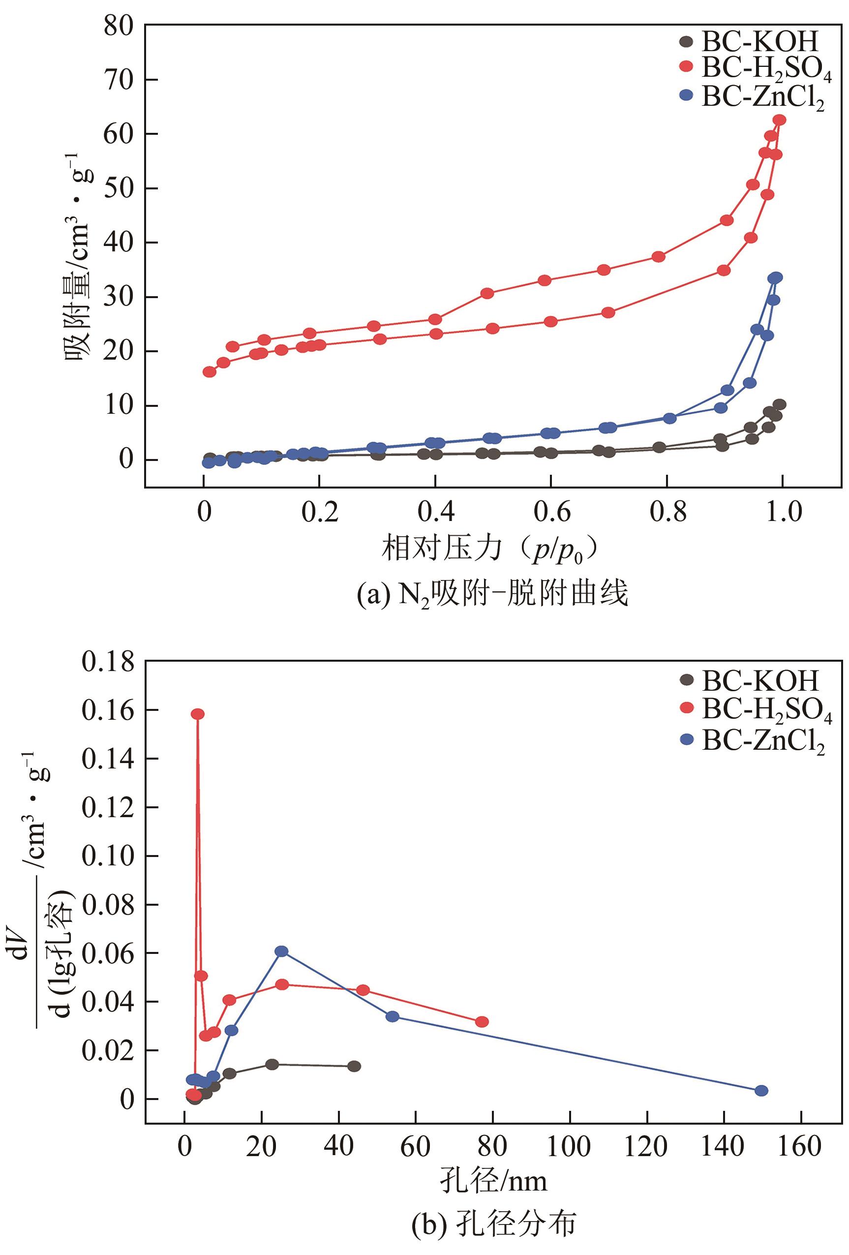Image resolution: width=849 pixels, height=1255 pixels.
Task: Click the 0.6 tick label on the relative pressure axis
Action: coord(551,511)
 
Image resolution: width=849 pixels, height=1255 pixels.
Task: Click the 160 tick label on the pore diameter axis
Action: coord(799,1146)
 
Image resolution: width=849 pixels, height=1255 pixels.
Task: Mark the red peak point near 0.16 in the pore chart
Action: coord(198,714)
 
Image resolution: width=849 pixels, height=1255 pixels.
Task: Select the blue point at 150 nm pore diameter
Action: coord(761,1090)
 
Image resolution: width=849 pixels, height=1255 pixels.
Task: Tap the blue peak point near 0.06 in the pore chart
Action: coord(281,951)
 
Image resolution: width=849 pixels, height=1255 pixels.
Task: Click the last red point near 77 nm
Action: coord(482,1022)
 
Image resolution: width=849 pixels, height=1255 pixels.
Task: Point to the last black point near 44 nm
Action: coord(354,1067)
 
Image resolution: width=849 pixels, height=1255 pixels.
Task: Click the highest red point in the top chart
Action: coord(779,120)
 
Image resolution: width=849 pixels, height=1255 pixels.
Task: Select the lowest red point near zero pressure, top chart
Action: coord(210,371)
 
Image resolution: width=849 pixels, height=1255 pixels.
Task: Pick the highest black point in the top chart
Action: coord(779,404)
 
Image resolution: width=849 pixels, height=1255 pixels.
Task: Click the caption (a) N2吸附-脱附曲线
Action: coord(492,593)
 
